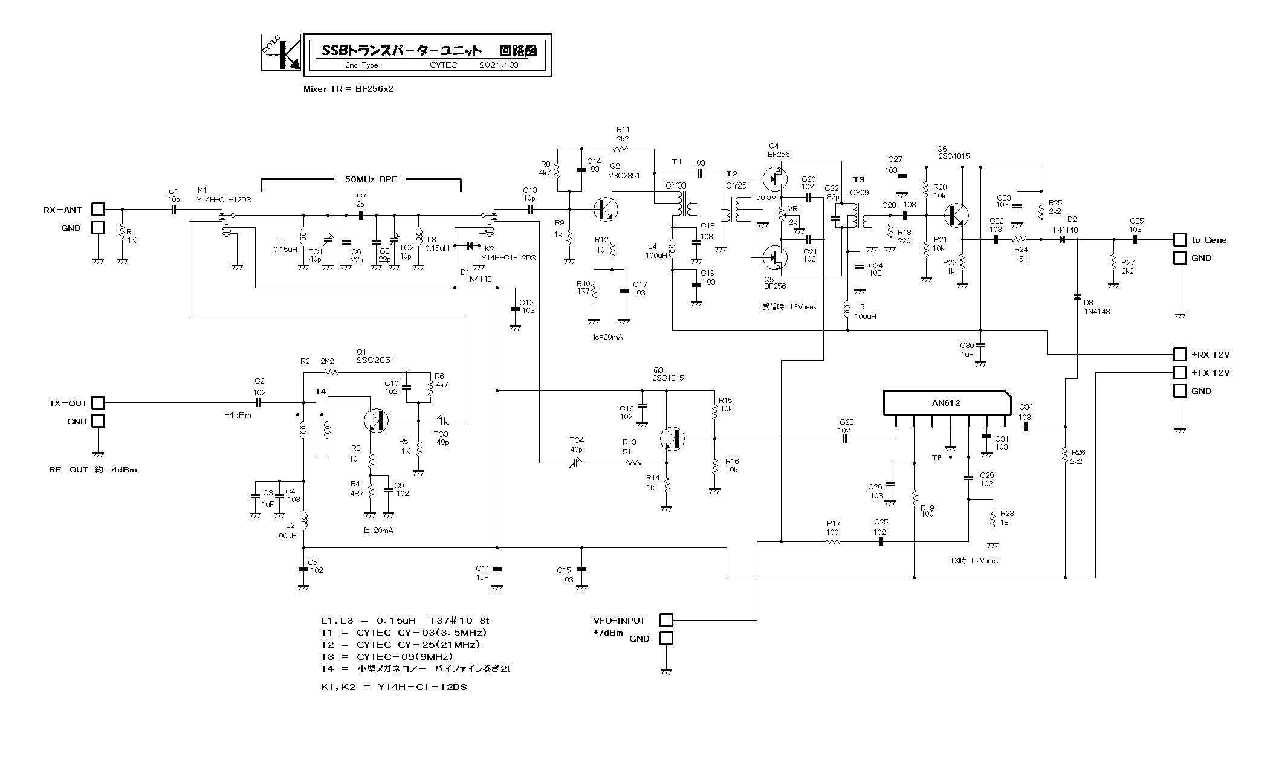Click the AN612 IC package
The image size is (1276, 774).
pos(947,403)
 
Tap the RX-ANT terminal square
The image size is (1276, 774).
pos(97,209)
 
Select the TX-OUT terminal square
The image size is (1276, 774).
pos(97,402)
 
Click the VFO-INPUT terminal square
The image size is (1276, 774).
pos(666,620)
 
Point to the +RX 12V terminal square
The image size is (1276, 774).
pos(1179,354)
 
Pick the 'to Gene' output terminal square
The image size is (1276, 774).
pos(1179,239)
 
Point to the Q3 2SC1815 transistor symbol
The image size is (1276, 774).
pos(672,439)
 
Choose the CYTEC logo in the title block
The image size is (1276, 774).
pos(281,53)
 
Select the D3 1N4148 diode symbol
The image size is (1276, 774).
pos(1077,297)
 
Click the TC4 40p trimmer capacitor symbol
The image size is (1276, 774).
pos(576,463)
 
